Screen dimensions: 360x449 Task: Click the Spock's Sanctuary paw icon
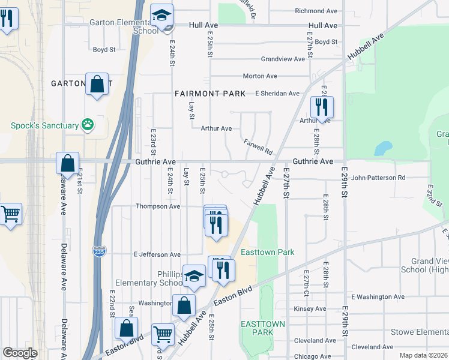click(88, 125)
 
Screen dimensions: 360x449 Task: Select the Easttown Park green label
click(267, 252)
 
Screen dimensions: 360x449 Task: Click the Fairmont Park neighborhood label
click(210, 94)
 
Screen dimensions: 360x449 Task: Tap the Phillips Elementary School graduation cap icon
click(194, 275)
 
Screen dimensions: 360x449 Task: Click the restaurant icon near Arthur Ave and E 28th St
click(322, 107)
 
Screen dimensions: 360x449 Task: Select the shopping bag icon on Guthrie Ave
click(67, 163)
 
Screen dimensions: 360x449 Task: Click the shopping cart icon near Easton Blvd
click(163, 334)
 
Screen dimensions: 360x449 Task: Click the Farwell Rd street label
click(258, 146)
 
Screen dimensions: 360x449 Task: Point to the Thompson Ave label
click(158, 206)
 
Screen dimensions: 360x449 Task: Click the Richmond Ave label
click(316, 11)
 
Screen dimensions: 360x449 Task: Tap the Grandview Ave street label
click(283, 59)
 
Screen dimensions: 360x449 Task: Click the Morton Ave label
click(259, 76)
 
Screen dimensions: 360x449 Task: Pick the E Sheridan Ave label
click(277, 94)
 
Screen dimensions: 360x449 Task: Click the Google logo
click(20, 353)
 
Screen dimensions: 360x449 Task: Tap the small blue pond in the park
click(382, 148)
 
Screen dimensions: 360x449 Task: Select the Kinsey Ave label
click(310, 308)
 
